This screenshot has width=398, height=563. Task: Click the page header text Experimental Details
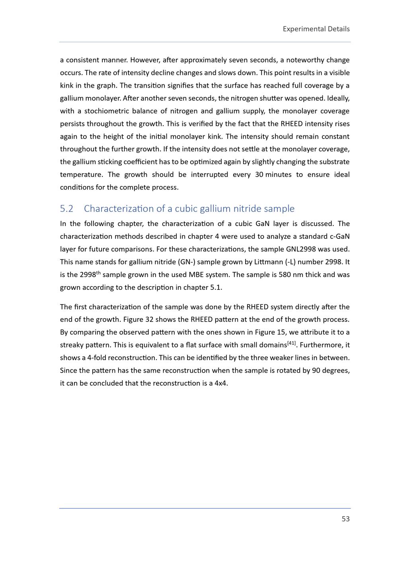coord(316,29)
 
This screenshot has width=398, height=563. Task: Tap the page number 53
coord(345,519)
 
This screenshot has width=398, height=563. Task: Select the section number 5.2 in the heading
coord(66,209)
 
